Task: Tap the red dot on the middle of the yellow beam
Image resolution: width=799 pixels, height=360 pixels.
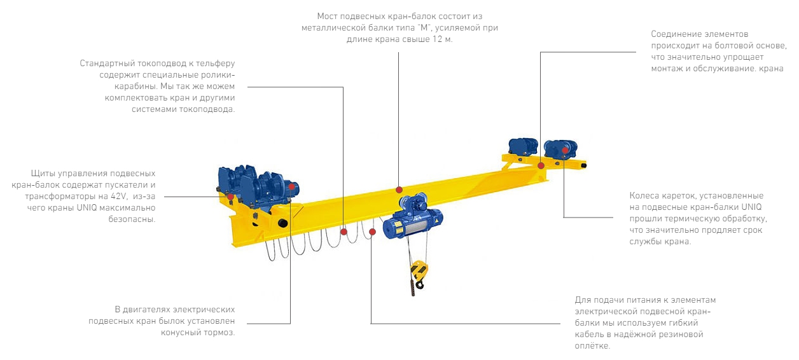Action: click(x=399, y=190)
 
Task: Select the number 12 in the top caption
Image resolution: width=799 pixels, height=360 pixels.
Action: click(x=437, y=39)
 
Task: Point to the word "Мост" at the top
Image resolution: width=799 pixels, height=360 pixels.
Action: click(x=328, y=17)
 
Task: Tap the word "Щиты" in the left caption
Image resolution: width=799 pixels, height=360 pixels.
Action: click(x=43, y=174)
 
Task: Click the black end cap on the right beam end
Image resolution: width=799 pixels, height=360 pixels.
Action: click(x=583, y=165)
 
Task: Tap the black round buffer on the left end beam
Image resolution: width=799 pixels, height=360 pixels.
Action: click(x=283, y=223)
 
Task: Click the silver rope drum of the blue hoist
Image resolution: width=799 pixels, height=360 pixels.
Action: click(x=413, y=226)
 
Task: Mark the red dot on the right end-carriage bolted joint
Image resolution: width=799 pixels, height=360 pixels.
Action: click(x=541, y=165)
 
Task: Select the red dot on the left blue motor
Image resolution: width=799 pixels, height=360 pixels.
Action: click(x=291, y=186)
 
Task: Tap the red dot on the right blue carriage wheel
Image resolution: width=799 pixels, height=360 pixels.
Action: click(x=565, y=150)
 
